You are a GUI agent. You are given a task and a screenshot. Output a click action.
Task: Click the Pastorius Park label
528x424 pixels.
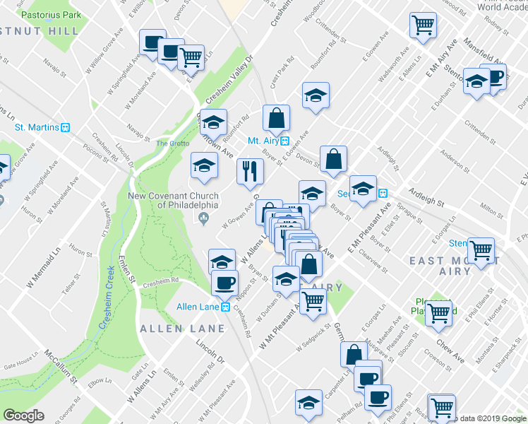(x=52, y=14)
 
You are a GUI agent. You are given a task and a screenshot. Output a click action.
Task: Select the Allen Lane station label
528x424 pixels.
(x=199, y=307)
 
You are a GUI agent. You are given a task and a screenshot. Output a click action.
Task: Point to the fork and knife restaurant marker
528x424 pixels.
(x=250, y=172)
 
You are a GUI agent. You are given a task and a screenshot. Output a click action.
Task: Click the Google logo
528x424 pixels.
(x=24, y=416)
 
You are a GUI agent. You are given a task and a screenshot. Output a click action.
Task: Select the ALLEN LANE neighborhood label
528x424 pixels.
(x=182, y=329)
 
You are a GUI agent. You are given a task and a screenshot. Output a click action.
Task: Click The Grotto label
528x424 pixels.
(x=170, y=143)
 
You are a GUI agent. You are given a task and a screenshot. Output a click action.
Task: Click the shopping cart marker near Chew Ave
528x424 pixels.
(x=439, y=313)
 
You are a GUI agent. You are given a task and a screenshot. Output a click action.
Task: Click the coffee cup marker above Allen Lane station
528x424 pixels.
(x=225, y=283)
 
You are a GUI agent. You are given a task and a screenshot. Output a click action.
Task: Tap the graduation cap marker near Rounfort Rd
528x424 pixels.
(x=213, y=122)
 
